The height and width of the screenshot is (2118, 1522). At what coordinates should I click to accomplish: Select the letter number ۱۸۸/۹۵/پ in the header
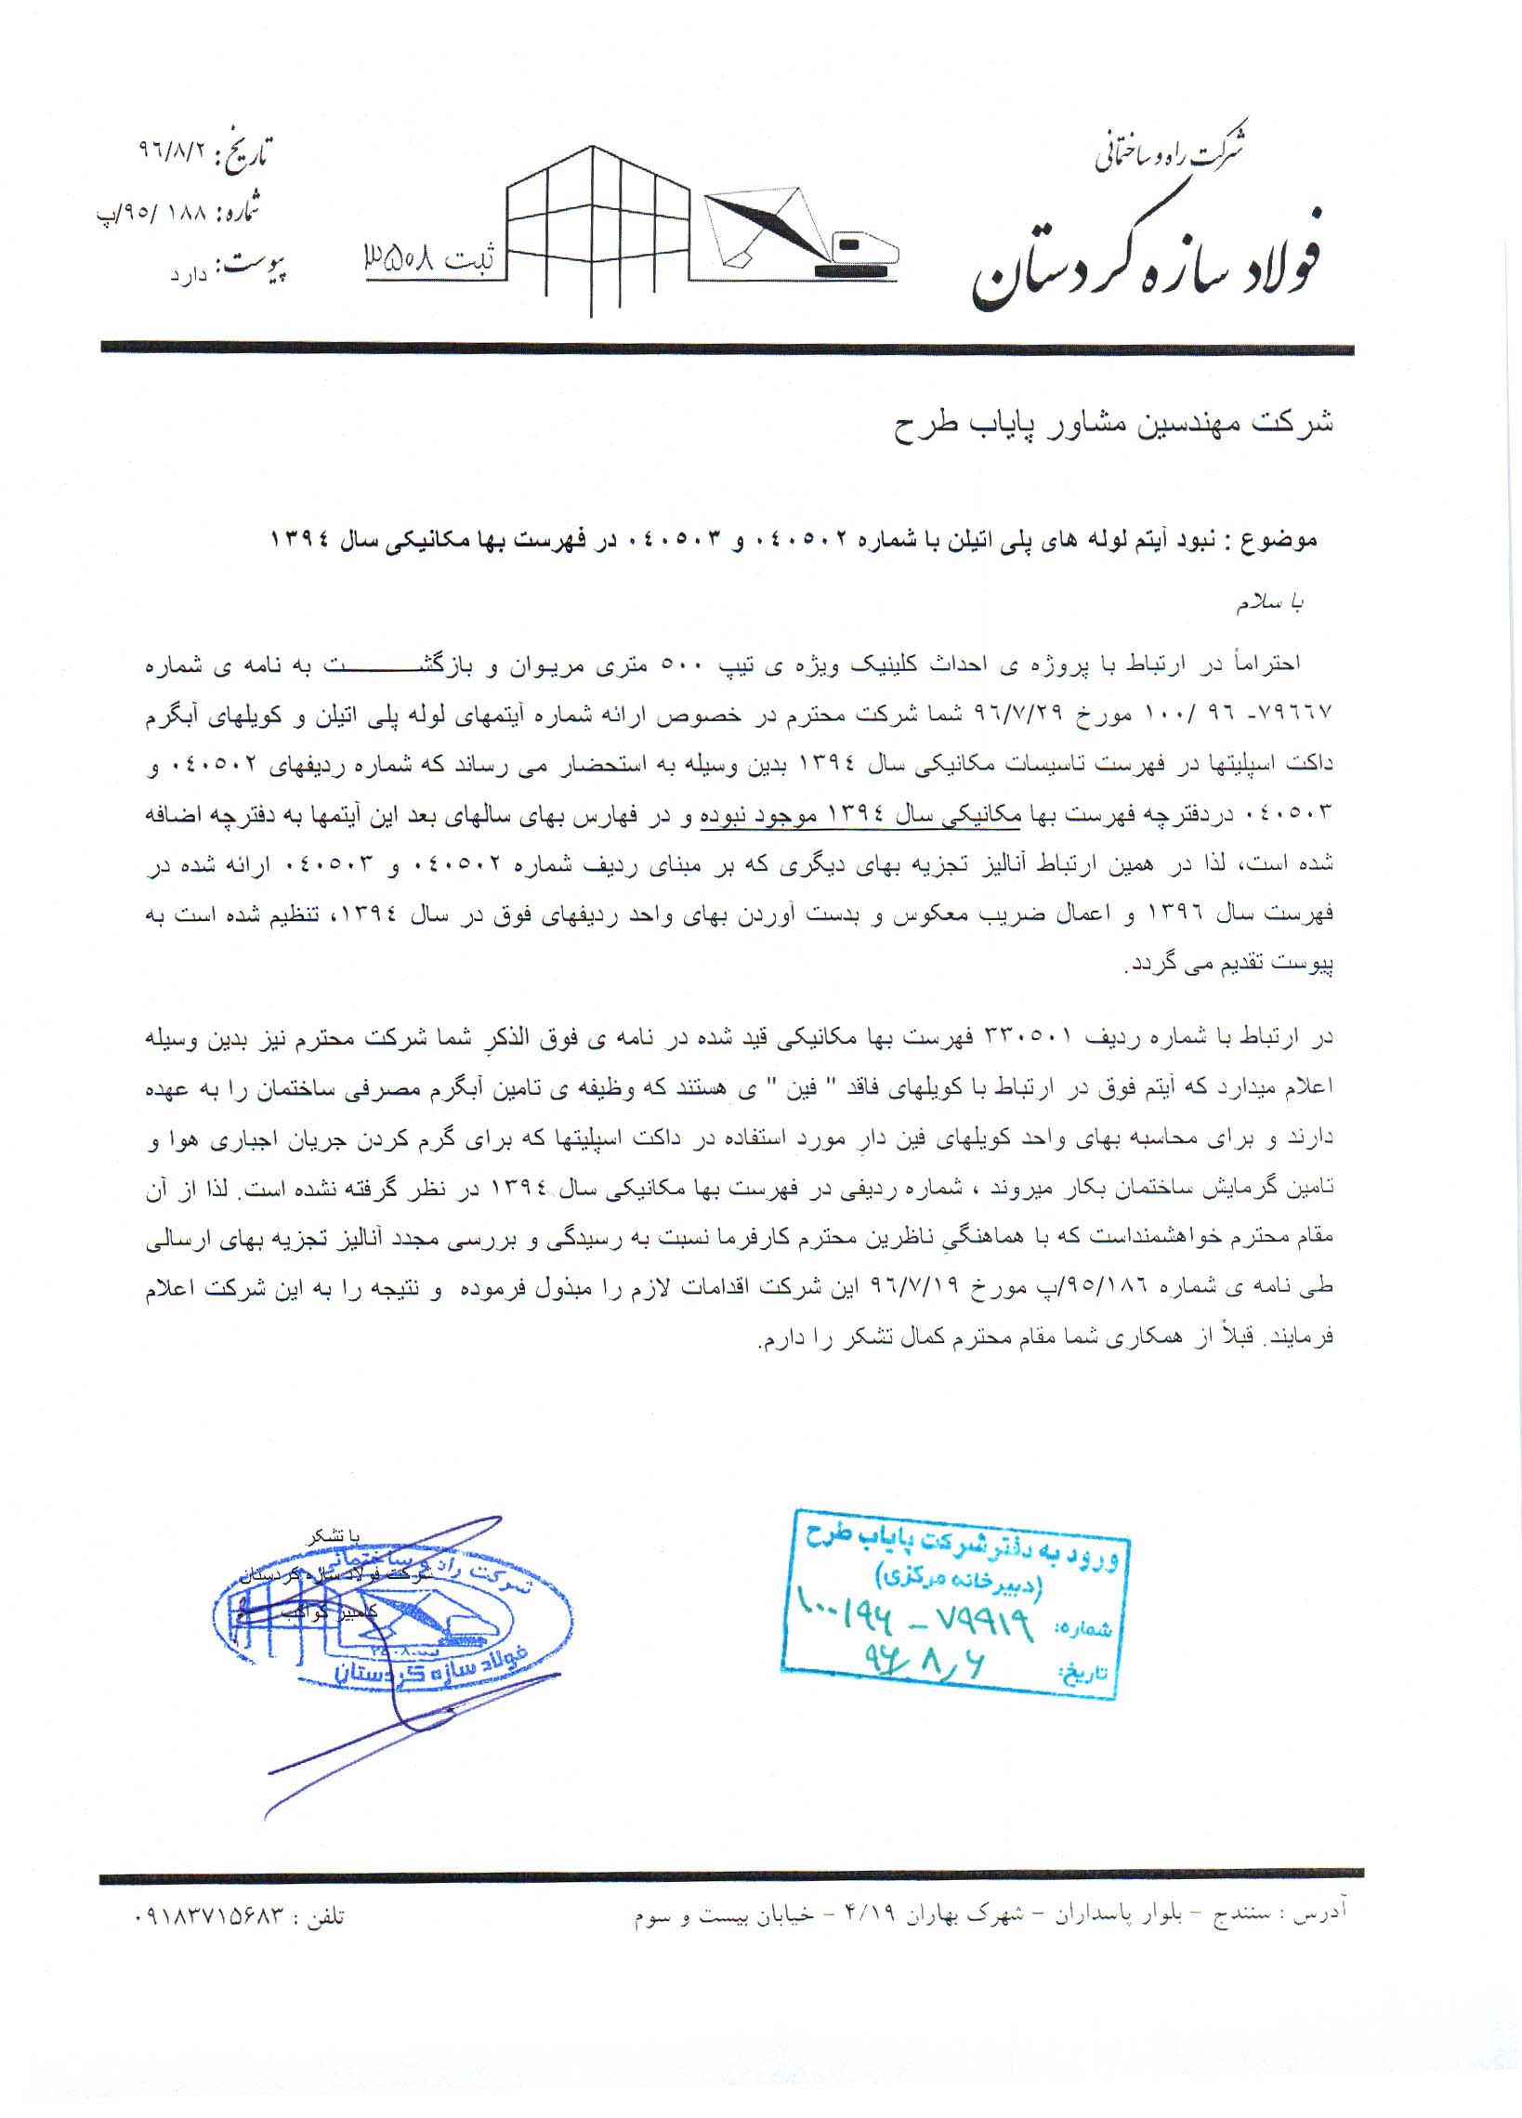coord(150,213)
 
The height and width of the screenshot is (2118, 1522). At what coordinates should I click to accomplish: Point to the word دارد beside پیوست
coord(188,275)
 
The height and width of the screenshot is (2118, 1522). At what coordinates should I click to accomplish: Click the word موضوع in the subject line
coord(1281,539)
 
